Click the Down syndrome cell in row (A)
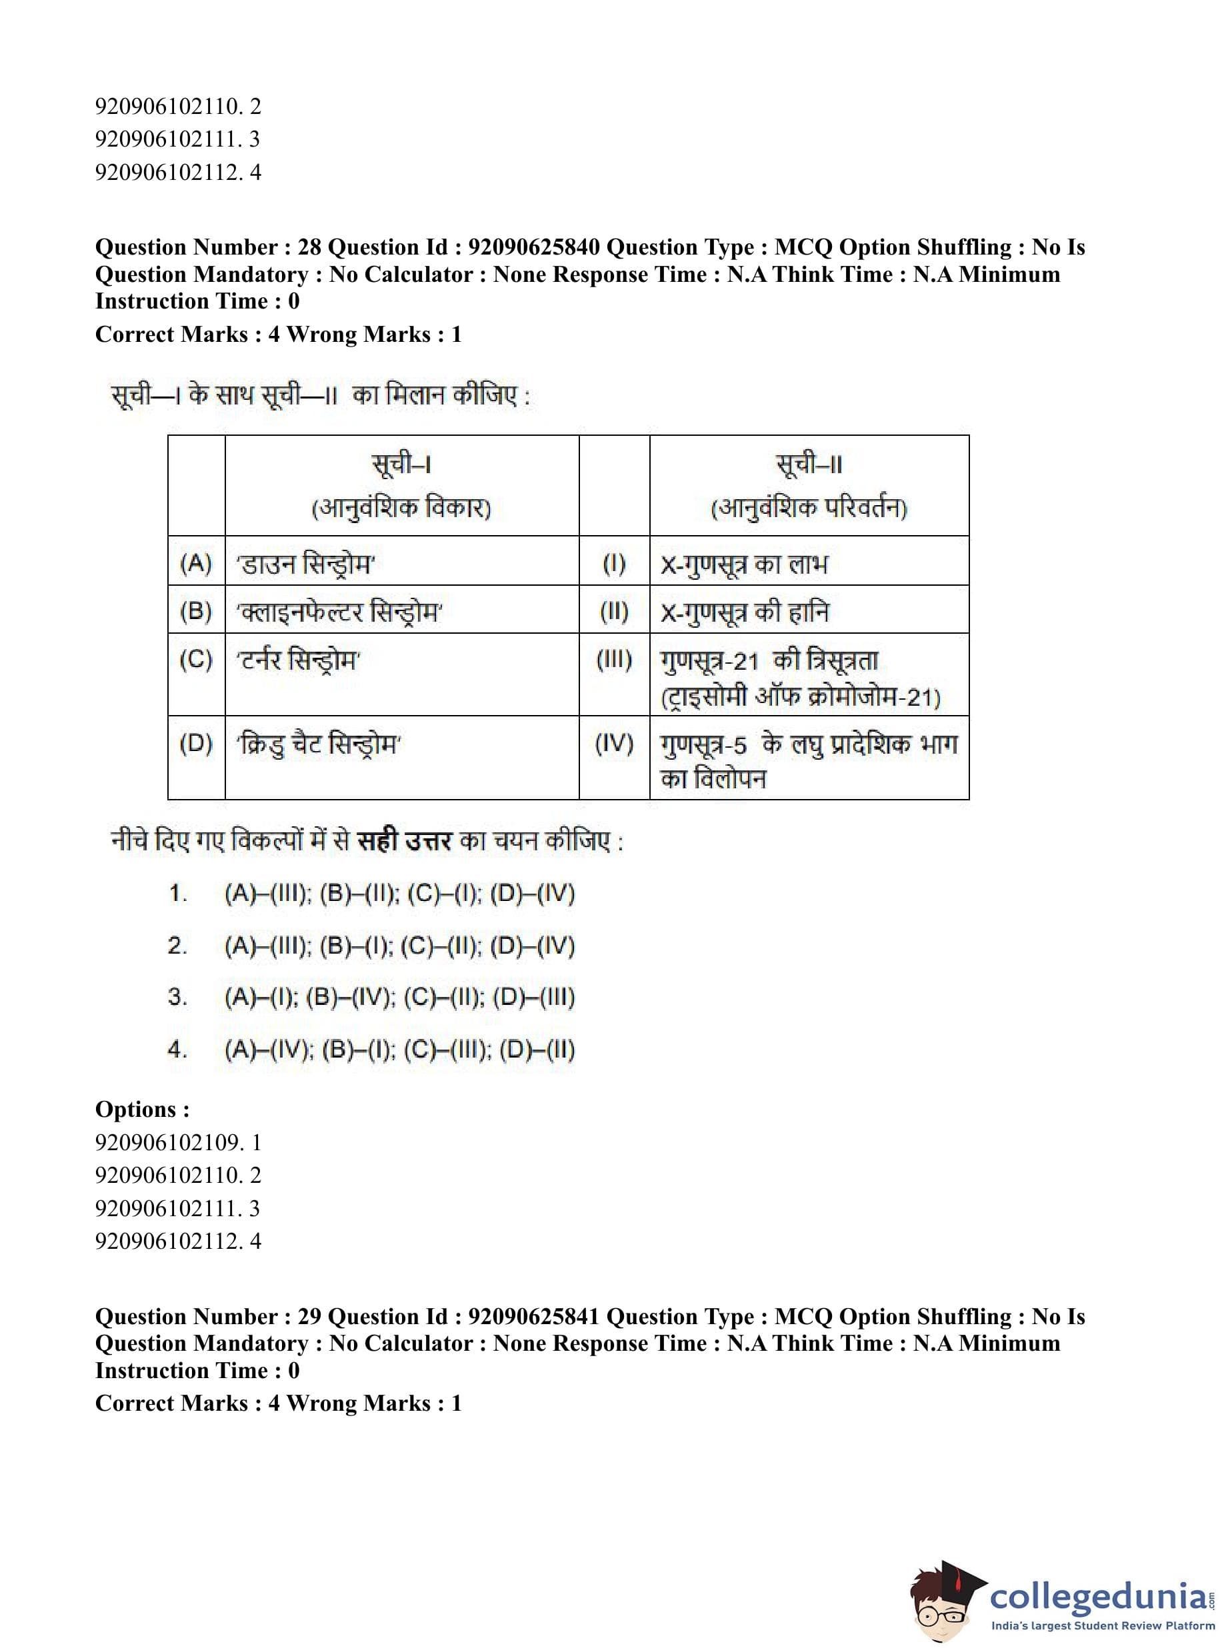click(x=306, y=564)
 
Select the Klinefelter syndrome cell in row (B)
click(x=339, y=612)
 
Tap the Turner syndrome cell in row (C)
click(x=299, y=660)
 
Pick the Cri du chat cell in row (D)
click(x=319, y=744)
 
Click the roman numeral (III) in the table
click(x=613, y=660)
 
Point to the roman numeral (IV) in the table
click(x=613, y=744)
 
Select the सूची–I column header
click(x=401, y=465)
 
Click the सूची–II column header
click(x=809, y=465)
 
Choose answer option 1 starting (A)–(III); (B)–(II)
click(x=399, y=894)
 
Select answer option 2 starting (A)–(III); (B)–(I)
click(x=399, y=946)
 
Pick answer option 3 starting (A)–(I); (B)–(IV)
click(x=399, y=998)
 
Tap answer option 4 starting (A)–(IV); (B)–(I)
click(x=399, y=1050)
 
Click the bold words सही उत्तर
click(x=404, y=842)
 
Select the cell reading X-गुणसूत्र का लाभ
click(x=744, y=564)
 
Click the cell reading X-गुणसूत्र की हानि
click(x=744, y=612)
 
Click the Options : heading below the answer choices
click(x=142, y=1110)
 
